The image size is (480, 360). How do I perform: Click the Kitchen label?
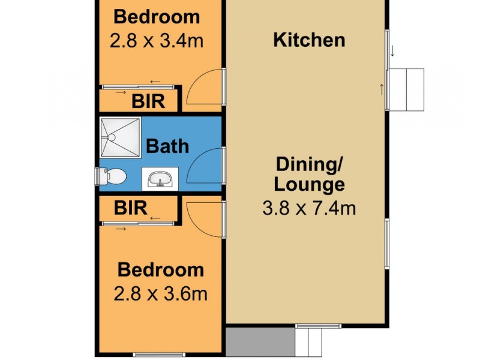click(x=309, y=40)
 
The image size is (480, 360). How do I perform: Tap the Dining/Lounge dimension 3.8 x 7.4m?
click(x=310, y=208)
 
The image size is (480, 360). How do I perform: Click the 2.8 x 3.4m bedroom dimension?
click(x=157, y=41)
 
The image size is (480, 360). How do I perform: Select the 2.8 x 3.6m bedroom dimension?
click(x=160, y=294)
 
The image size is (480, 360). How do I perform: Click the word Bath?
click(x=167, y=146)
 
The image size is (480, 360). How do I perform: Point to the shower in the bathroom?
click(x=120, y=137)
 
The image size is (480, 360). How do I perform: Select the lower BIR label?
click(x=131, y=208)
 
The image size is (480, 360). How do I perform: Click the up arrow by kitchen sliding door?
click(x=382, y=90)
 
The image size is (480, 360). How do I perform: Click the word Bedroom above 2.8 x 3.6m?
click(x=160, y=270)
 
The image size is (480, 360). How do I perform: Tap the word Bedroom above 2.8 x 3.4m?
click(x=157, y=16)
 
